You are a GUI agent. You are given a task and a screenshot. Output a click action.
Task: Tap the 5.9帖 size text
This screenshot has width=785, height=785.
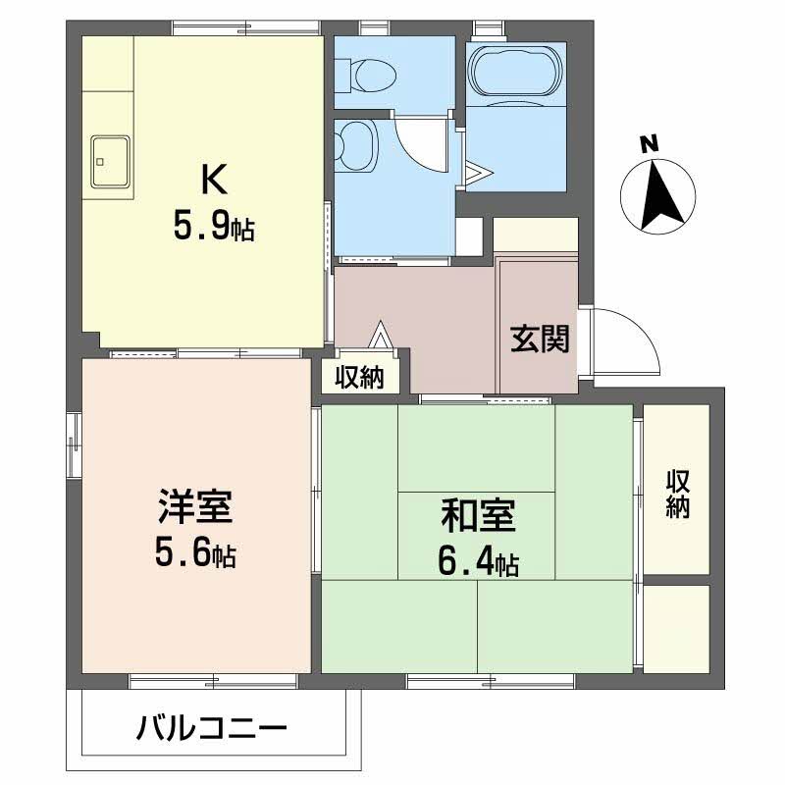(x=214, y=228)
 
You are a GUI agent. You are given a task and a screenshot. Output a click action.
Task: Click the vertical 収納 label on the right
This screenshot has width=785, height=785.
(x=678, y=495)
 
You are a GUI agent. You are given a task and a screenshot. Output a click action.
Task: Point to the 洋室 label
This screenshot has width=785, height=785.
(x=194, y=510)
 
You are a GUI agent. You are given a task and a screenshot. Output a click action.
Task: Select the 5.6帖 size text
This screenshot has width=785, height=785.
(x=194, y=555)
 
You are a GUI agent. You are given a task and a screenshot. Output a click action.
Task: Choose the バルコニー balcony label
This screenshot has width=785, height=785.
(x=212, y=729)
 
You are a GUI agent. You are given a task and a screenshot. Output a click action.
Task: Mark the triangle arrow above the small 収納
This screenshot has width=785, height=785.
(x=381, y=336)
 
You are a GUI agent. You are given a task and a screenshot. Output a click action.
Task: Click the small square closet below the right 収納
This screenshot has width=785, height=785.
(x=676, y=629)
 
